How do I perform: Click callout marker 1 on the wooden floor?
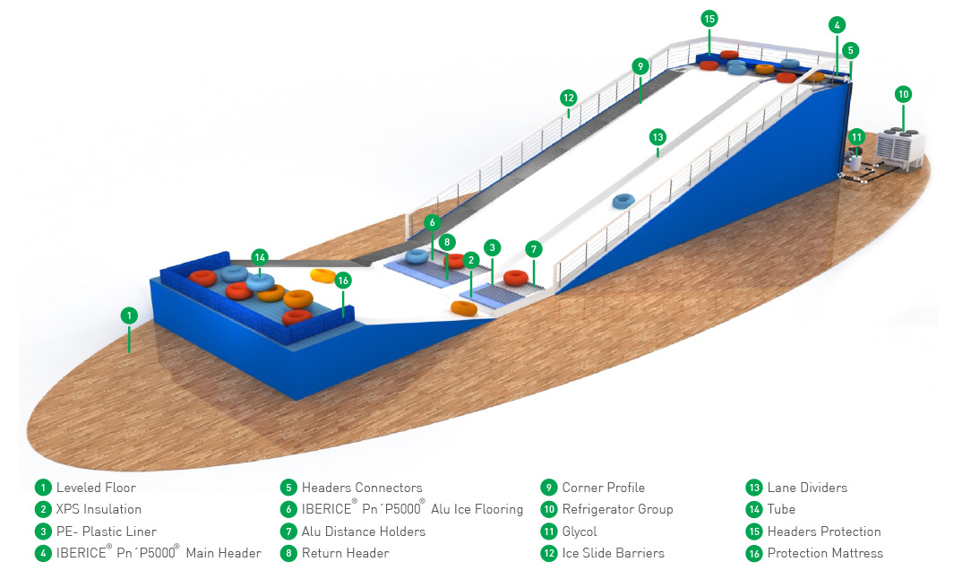129,315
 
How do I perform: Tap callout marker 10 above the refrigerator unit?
903,93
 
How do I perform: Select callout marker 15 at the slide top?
709,18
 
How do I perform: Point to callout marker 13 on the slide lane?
657,137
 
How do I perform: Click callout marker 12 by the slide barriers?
568,97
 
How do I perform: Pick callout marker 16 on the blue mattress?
342,281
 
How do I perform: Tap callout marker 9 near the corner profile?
640,65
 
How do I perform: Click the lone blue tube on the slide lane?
623,201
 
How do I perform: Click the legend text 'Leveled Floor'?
96,488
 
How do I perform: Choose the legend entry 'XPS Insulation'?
99,509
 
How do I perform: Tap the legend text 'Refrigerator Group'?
617,509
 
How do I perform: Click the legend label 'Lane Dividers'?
807,488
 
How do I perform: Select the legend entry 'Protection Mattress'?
825,553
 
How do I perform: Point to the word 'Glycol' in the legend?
580,531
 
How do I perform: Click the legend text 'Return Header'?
345,553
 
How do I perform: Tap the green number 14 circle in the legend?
753,509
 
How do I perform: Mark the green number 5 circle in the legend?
288,488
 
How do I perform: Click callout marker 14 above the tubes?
260,257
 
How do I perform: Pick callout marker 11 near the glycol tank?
856,137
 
